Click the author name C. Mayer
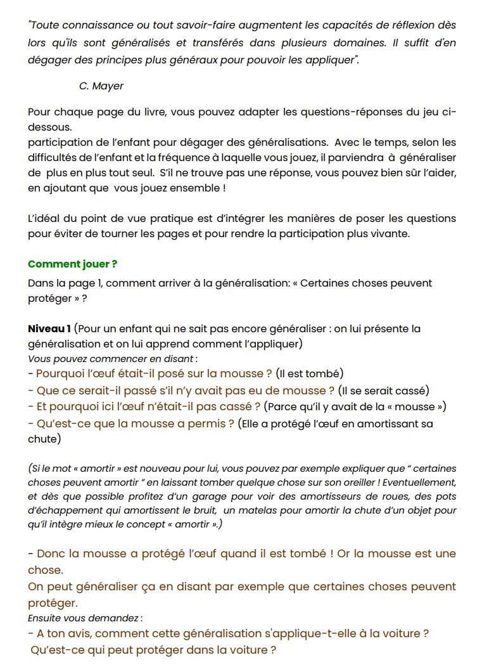(x=101, y=86)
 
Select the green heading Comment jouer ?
(x=72, y=264)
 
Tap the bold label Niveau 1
(x=49, y=329)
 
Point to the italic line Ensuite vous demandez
(x=85, y=618)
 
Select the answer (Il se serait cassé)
(x=384, y=390)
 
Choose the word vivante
(x=390, y=233)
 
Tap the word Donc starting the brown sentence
(x=51, y=554)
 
